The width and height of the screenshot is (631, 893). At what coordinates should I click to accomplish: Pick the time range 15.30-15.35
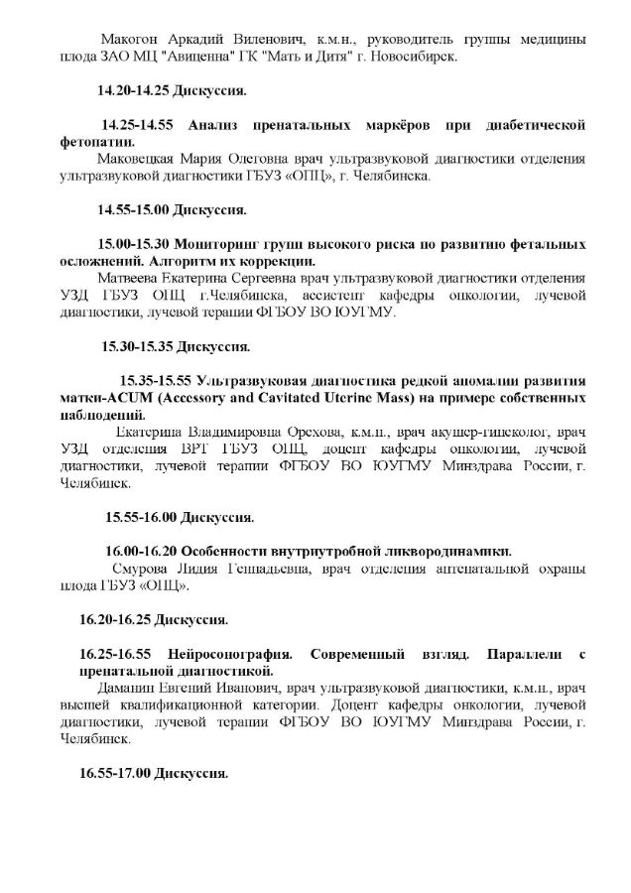pos(137,347)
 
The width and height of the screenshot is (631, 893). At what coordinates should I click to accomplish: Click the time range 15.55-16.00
pos(140,517)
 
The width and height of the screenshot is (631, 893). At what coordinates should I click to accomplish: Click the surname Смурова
pos(138,569)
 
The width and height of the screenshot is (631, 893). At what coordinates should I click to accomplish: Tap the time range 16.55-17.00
pos(114,773)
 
